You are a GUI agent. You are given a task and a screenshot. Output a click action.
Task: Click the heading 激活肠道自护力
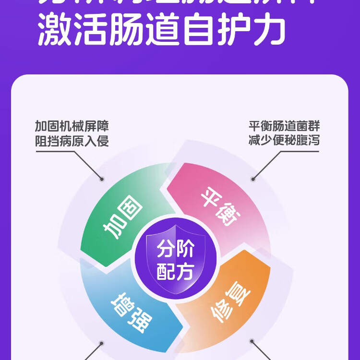[x=162, y=30]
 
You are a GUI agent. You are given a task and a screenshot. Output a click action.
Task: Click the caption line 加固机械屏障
[x=72, y=127]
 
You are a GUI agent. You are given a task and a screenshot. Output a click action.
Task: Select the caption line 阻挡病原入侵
[x=72, y=142]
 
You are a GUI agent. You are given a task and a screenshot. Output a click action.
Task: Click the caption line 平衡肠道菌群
[x=284, y=127]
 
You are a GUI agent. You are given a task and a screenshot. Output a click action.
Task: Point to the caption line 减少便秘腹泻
[x=284, y=141]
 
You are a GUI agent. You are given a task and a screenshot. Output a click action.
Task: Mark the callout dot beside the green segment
[x=102, y=179]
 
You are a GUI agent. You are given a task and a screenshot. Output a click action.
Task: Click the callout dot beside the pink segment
[x=253, y=179]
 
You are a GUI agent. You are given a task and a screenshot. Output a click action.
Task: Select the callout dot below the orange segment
[x=252, y=341]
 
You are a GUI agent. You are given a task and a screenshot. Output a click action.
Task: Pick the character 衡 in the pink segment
[x=229, y=219]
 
